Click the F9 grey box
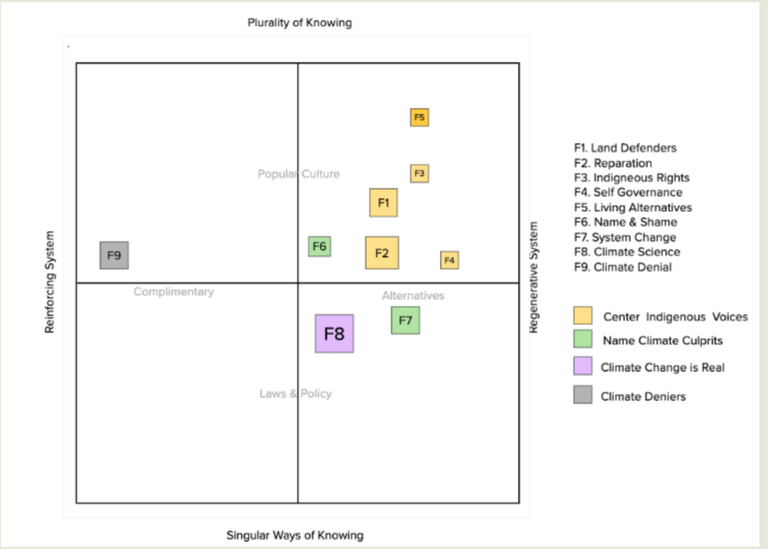[114, 255]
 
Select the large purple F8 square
[334, 334]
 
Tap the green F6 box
[319, 246]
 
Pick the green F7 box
[405, 320]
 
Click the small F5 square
[419, 118]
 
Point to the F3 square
[419, 173]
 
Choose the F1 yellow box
[383, 202]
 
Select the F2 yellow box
[382, 253]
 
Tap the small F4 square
[449, 260]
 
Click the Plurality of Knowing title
[299, 22]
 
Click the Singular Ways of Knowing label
[295, 535]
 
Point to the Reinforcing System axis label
[50, 281]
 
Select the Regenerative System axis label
[534, 277]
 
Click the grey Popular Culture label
[298, 174]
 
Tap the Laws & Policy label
[295, 394]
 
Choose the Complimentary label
[173, 292]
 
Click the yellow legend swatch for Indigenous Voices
[583, 316]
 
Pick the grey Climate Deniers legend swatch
[583, 394]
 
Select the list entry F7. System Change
[625, 237]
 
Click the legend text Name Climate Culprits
[662, 340]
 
